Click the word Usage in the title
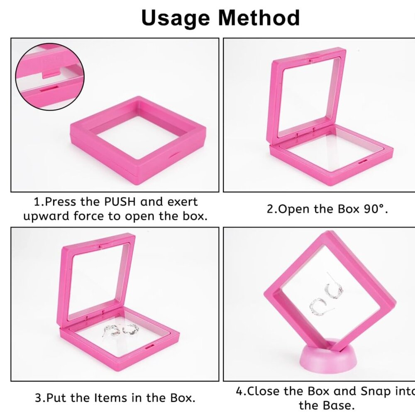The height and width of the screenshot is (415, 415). [176, 18]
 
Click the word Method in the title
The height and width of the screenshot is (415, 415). [259, 18]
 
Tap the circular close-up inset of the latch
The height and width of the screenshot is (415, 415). [50, 77]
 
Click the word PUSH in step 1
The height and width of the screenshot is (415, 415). [117, 202]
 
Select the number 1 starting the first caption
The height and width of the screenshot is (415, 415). [37, 202]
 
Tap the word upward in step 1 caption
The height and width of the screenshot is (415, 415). [46, 216]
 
